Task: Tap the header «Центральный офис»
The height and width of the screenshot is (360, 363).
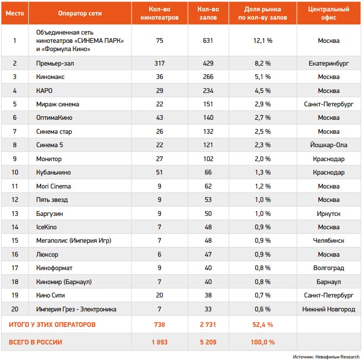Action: pos(328,13)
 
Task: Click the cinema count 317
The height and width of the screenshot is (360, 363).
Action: pos(159,63)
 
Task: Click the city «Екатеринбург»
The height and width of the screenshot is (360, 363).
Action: pos(328,63)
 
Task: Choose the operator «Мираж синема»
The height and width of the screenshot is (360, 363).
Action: pos(57,104)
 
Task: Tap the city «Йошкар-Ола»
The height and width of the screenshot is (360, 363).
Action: pos(328,145)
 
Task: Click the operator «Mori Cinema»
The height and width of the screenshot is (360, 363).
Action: pos(54,186)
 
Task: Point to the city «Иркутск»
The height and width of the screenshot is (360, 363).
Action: pos(328,213)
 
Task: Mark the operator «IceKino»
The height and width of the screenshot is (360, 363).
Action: pos(46,227)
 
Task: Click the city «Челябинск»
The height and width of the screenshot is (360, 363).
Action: pos(328,241)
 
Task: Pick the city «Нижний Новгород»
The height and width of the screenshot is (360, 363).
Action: pos(328,309)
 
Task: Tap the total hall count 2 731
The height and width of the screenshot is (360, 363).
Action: pos(208,325)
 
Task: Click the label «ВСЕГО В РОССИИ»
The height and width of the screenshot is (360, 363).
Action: pos(35,342)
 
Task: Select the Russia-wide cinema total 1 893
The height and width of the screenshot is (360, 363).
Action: pos(159,342)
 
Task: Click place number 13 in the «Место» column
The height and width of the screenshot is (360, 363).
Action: pos(15,213)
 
